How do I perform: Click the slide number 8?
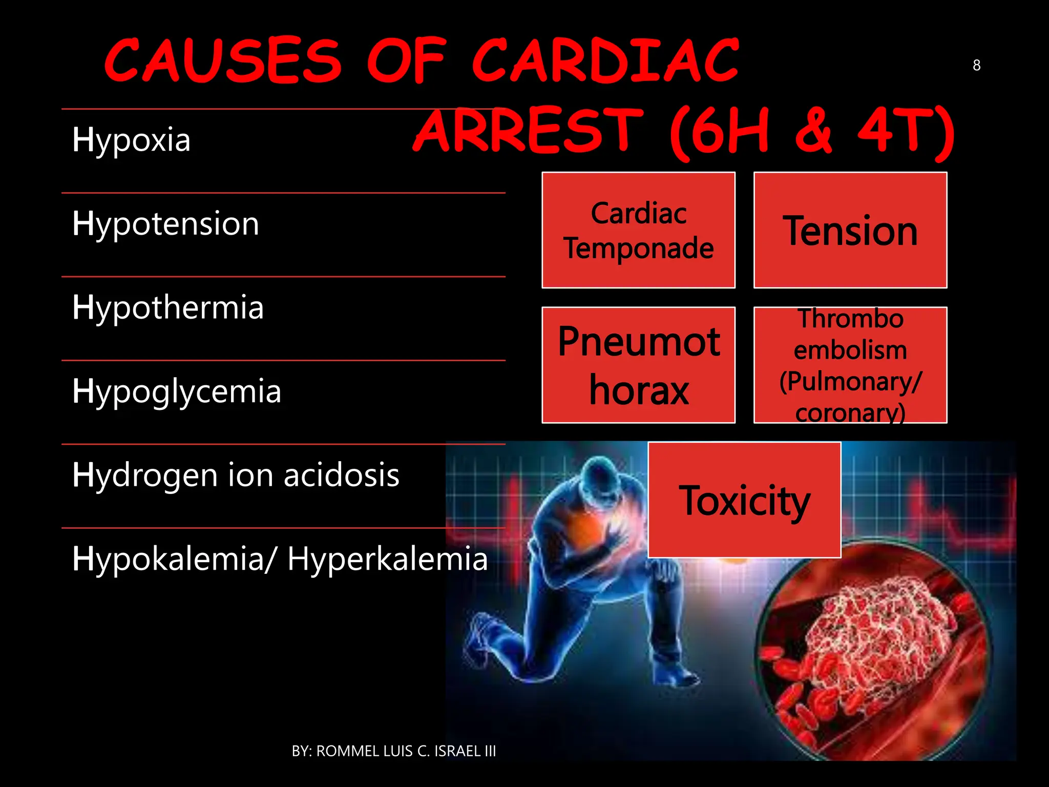(x=976, y=66)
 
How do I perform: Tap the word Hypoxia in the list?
(x=131, y=139)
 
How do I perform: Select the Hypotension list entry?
(x=165, y=223)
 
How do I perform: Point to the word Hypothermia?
(x=167, y=307)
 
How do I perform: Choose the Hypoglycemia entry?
(x=176, y=391)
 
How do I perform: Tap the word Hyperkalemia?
(x=387, y=559)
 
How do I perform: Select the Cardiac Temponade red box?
(x=638, y=230)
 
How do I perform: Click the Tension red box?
(x=850, y=230)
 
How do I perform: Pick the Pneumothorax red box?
(x=638, y=365)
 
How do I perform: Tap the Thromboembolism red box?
(x=850, y=365)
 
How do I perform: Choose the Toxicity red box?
(x=744, y=500)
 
